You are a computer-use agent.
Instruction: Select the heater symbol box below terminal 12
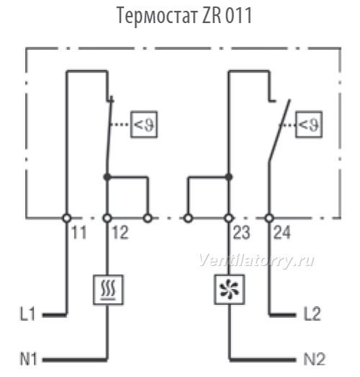pos(108,290)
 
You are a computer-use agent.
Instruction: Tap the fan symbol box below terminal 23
pos(230,289)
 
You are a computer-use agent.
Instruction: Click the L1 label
pos(27,314)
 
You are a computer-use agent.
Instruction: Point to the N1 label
pos(28,359)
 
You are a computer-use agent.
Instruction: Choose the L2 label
pos(312,314)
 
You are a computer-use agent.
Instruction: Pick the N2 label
pos(315,359)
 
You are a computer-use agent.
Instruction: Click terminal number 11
pos(79,232)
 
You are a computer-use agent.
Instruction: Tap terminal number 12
pos(120,232)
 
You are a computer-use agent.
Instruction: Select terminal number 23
pos(241,232)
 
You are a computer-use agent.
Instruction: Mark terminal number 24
pos(282,232)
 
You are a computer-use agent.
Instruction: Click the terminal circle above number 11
pos(67,218)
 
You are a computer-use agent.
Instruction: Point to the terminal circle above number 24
pos(269,218)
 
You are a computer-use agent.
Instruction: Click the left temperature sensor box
pos(144,124)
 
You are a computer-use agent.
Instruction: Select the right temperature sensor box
pos(309,124)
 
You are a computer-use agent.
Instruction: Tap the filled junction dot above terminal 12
pos(107,177)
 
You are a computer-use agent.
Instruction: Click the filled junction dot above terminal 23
pos(229,177)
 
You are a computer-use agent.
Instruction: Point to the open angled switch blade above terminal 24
pos(279,130)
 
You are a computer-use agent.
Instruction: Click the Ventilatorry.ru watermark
pos(256,260)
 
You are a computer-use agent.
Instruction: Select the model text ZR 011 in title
pos(227,15)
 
